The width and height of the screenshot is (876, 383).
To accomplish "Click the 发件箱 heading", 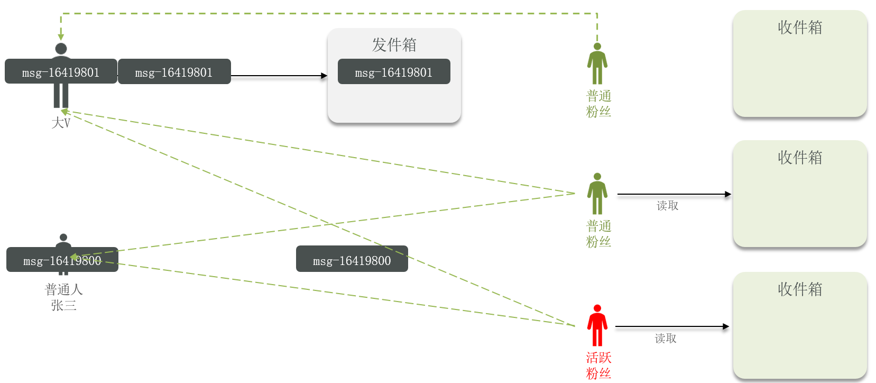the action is [x=394, y=45].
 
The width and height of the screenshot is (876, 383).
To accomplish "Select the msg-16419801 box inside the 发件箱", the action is [x=394, y=72].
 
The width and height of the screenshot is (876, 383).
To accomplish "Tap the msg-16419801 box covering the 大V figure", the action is [x=61, y=72].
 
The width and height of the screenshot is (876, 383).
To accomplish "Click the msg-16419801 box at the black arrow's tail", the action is [x=174, y=72].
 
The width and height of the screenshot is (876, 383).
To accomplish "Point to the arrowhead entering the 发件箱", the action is [x=324, y=76].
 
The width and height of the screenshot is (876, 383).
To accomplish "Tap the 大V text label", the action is [x=61, y=123].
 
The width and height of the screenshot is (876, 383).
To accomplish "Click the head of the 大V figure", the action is [x=61, y=49].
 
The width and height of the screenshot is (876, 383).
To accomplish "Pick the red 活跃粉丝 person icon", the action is [x=597, y=325].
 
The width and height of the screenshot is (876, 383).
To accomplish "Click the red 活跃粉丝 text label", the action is [x=598, y=366].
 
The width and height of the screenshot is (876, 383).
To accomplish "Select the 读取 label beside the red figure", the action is [x=666, y=339].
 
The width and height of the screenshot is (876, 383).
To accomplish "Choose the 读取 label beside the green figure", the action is [x=667, y=206].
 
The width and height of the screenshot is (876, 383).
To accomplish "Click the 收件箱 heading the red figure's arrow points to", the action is [x=800, y=289].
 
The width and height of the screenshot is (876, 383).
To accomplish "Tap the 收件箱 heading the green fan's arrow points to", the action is [x=800, y=158].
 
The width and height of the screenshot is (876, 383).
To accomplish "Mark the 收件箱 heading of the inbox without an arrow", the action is [x=800, y=28].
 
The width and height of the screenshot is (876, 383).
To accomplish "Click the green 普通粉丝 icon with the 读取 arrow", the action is [x=597, y=194].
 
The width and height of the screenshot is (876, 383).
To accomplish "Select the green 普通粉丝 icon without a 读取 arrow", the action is [x=597, y=63].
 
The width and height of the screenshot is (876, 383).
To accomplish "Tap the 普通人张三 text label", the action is [x=63, y=297].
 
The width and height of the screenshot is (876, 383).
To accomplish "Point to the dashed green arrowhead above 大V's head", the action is [x=61, y=37].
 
